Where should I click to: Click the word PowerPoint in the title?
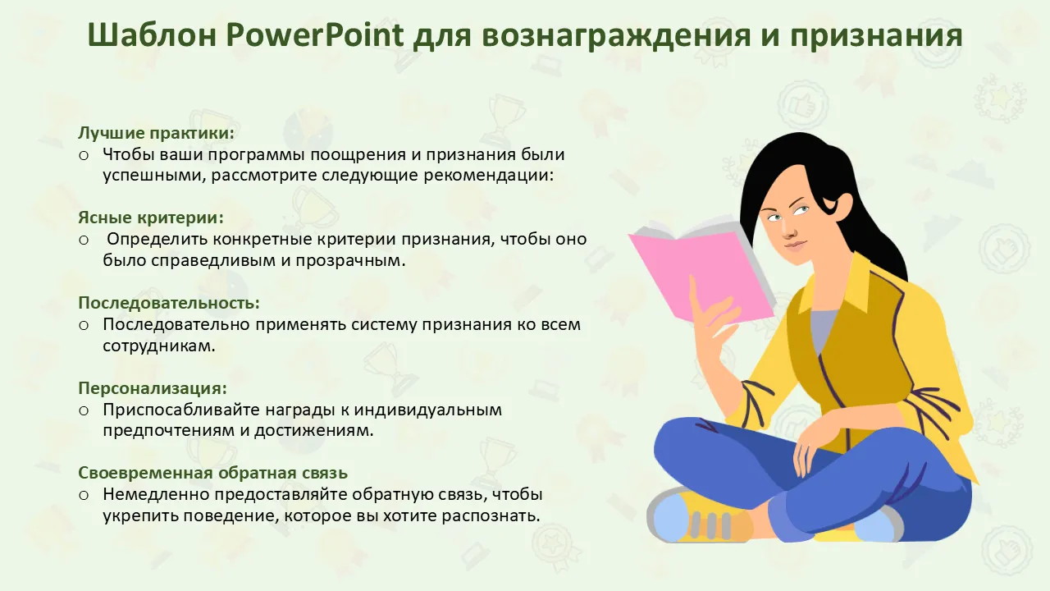[x=314, y=34]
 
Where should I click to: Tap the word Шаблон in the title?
[x=152, y=34]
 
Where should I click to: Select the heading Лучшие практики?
[x=156, y=133]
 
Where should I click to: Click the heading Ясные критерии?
[x=151, y=218]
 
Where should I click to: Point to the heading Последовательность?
[x=169, y=303]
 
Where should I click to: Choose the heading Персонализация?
[x=153, y=388]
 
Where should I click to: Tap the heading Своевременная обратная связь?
[x=212, y=473]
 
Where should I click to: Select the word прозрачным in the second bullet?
[x=349, y=261]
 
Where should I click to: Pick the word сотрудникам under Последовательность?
[x=158, y=346]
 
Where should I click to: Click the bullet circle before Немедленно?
[x=84, y=495]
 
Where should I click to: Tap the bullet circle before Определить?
[x=84, y=241]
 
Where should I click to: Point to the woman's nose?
[x=790, y=231]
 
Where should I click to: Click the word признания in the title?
[x=877, y=34]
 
